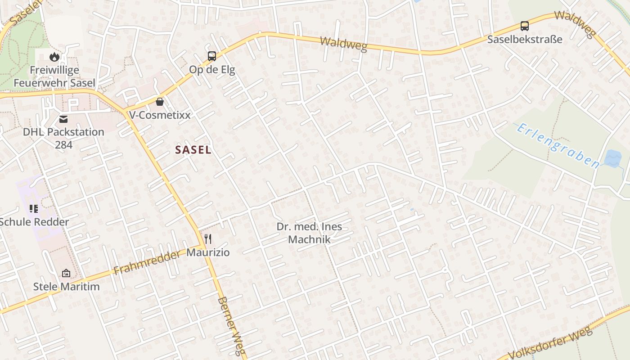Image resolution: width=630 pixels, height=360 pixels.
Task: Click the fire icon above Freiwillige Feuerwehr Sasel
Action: [54, 57]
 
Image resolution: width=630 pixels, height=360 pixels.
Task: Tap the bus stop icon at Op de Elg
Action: [212, 56]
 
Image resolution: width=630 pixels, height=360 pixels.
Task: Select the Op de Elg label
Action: [212, 70]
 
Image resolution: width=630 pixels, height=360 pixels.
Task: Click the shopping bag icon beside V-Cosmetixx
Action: [159, 102]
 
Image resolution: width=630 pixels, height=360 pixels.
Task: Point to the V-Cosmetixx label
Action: [160, 115]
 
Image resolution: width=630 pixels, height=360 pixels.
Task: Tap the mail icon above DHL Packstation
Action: [63, 119]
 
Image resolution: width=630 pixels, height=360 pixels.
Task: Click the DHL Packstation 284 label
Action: [63, 138]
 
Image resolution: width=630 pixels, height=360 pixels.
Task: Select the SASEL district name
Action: [193, 150]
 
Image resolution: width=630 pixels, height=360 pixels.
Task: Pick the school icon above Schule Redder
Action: [34, 208]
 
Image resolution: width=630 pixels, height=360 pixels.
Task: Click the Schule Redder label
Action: [35, 222]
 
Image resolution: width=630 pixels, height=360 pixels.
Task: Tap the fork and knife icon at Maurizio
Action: [207, 238]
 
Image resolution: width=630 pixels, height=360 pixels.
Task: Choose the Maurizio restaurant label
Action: [208, 252]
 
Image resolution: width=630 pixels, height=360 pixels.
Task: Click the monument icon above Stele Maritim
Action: [66, 273]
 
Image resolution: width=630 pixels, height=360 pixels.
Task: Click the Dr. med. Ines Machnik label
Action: [309, 233]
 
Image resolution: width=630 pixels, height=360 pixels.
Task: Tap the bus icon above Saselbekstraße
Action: [525, 26]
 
